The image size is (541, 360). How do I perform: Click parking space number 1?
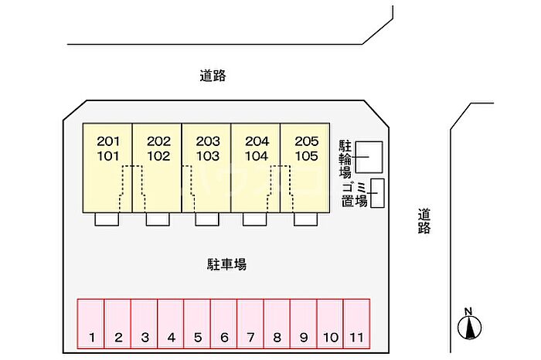point(91,324)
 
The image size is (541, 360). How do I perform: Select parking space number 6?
point(224,324)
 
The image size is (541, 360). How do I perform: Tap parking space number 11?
point(356,324)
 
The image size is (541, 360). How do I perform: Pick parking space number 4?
point(171,324)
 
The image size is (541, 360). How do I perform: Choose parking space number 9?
point(304,324)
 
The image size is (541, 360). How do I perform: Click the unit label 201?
point(108,141)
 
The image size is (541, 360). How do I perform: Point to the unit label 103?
point(207,155)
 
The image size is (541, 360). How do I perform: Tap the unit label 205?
point(306,141)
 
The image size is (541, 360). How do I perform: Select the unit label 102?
point(158,155)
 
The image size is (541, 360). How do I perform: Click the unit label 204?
point(257,141)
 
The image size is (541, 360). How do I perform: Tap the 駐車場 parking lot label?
point(226,264)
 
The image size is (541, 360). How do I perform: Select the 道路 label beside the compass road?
point(424,221)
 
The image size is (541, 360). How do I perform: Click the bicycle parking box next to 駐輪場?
point(368,158)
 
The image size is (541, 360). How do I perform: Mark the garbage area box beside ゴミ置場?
point(377,193)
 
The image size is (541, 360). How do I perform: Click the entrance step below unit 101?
point(107,219)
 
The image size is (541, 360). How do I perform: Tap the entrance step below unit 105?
point(305,219)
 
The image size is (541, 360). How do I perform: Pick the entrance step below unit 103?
point(206,219)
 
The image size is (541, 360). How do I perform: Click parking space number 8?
point(277,324)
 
